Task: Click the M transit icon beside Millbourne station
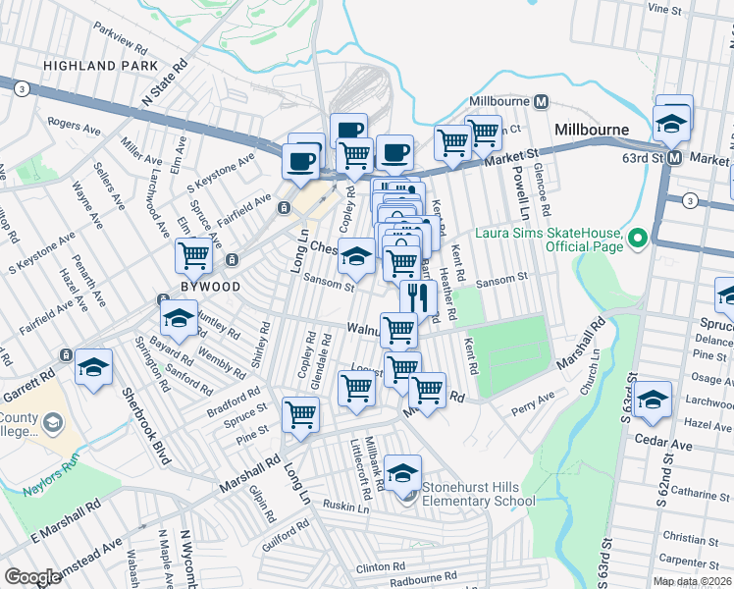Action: click(542, 102)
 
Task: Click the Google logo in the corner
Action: click(33, 577)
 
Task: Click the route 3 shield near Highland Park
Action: click(21, 88)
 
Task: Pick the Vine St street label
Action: click(664, 8)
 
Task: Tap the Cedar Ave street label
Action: click(667, 445)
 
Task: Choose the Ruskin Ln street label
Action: click(348, 508)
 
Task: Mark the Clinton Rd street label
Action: click(381, 567)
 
